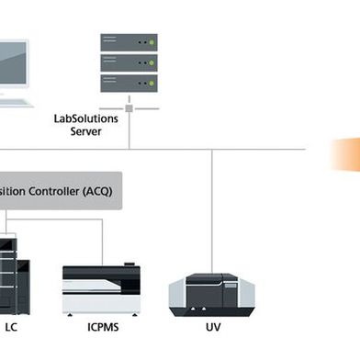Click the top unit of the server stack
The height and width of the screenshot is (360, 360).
129,42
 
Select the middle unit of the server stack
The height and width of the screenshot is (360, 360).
129,62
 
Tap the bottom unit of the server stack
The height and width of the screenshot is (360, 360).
129,81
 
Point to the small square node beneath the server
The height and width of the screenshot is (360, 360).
129,107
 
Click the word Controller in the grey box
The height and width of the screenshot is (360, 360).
47,190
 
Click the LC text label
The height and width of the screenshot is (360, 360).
11,327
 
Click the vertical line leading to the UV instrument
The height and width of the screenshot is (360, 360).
212,211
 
